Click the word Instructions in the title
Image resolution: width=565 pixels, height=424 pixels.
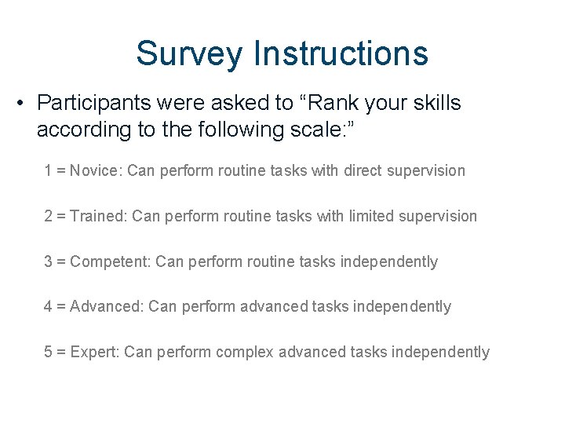point(340,53)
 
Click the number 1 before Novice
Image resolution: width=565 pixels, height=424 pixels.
point(48,170)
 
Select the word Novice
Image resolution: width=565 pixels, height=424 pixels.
point(94,170)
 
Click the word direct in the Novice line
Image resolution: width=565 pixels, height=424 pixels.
point(366,170)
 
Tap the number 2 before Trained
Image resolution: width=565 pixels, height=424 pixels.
point(48,216)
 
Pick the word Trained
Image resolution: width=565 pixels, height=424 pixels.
point(98,216)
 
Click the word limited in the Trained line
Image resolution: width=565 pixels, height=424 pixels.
point(374,216)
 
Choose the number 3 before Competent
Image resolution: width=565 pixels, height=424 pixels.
point(48,261)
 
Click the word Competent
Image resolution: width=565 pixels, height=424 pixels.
point(109,261)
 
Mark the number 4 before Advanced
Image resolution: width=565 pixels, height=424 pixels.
point(48,306)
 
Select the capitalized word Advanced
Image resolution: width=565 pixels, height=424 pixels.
point(105,306)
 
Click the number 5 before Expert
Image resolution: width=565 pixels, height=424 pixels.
point(48,352)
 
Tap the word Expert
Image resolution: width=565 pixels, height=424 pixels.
point(93,352)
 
